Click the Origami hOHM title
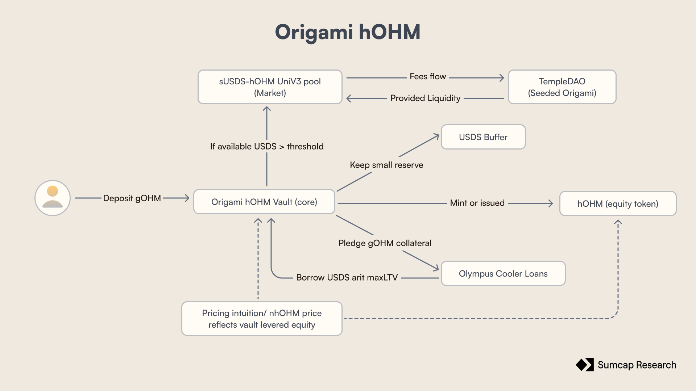click(x=348, y=32)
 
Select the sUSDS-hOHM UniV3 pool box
click(x=270, y=87)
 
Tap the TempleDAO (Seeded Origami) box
click(x=562, y=87)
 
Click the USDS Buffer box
click(x=483, y=137)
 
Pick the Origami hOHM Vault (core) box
click(x=264, y=202)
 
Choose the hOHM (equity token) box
click(x=618, y=203)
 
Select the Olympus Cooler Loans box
click(x=503, y=273)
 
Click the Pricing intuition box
click(x=262, y=319)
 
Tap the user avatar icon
click(x=53, y=198)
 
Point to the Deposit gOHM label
click(x=132, y=198)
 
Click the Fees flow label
click(x=428, y=76)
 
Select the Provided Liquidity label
click(x=425, y=98)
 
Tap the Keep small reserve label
click(x=386, y=165)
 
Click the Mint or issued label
click(x=477, y=203)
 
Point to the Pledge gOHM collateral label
click(x=385, y=243)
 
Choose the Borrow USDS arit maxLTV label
click(x=347, y=277)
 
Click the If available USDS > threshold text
click(x=267, y=146)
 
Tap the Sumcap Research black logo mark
click(x=585, y=365)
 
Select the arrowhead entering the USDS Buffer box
click(x=436, y=136)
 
